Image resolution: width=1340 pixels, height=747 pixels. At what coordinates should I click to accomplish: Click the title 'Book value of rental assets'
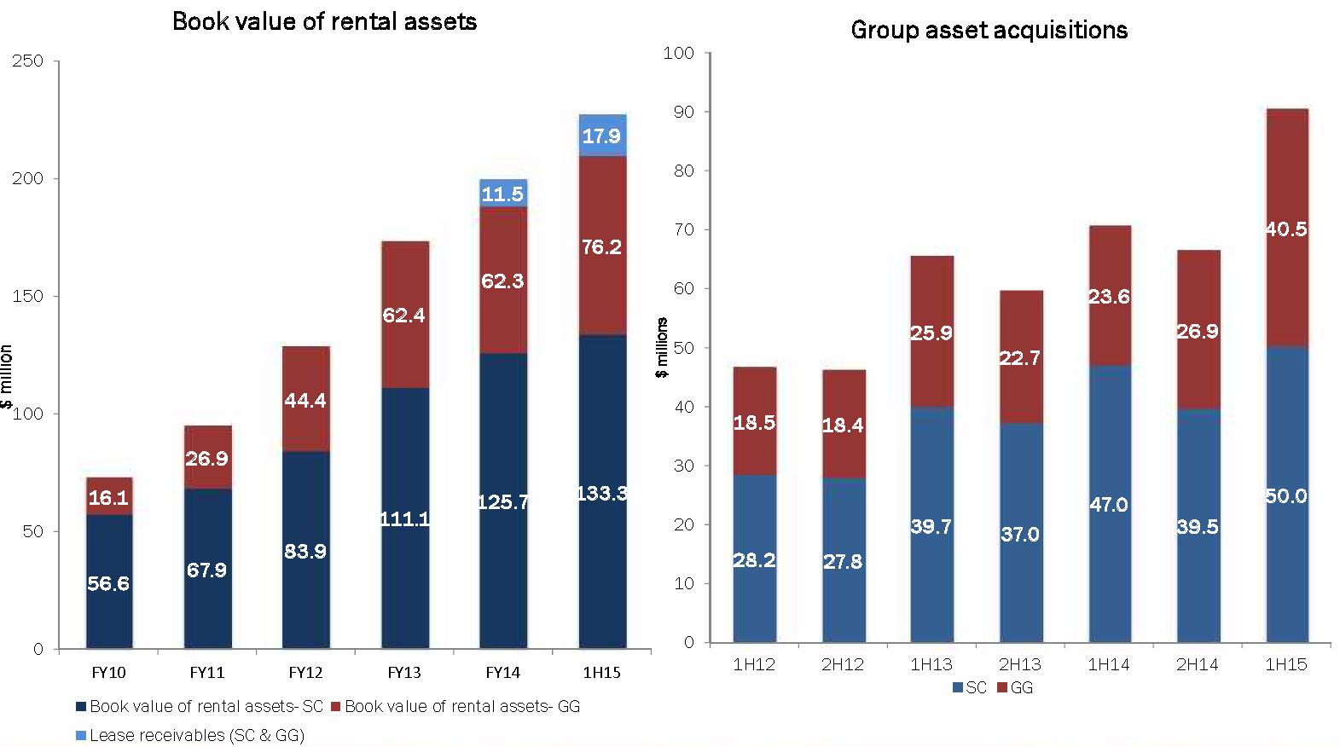pyautogui.click(x=324, y=21)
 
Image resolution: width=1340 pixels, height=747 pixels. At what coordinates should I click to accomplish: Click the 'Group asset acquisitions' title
pyautogui.click(x=989, y=31)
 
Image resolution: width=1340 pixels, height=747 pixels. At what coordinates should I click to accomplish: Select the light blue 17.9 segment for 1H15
pyautogui.click(x=602, y=136)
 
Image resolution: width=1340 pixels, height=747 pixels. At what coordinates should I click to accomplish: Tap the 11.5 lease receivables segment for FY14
pyautogui.click(x=502, y=194)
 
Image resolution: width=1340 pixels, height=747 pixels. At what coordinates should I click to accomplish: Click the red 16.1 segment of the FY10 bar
pyautogui.click(x=108, y=496)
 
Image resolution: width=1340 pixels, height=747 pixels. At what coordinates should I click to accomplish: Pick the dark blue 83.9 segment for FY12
pyautogui.click(x=305, y=550)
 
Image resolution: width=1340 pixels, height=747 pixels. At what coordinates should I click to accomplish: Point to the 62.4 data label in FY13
pyautogui.click(x=404, y=316)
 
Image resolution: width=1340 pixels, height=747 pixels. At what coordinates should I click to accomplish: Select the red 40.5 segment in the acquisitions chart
pyautogui.click(x=1286, y=229)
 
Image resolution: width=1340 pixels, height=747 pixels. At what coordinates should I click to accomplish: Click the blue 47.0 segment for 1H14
pyautogui.click(x=1109, y=504)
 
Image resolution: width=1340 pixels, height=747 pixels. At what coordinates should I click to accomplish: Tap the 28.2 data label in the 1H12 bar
pyautogui.click(x=754, y=560)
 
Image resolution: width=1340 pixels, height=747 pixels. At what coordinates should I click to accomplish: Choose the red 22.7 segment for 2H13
pyautogui.click(x=1020, y=357)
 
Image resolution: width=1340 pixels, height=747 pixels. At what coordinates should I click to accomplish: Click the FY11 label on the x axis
pyautogui.click(x=207, y=672)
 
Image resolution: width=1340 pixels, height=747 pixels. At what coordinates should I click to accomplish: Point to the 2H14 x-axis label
pyautogui.click(x=1198, y=664)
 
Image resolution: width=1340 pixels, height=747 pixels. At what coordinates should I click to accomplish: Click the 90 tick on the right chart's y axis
pyautogui.click(x=685, y=112)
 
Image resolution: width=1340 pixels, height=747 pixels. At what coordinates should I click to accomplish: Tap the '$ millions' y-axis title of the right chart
pyautogui.click(x=662, y=347)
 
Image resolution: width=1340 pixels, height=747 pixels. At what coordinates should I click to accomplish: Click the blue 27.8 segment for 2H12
pyautogui.click(x=843, y=561)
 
